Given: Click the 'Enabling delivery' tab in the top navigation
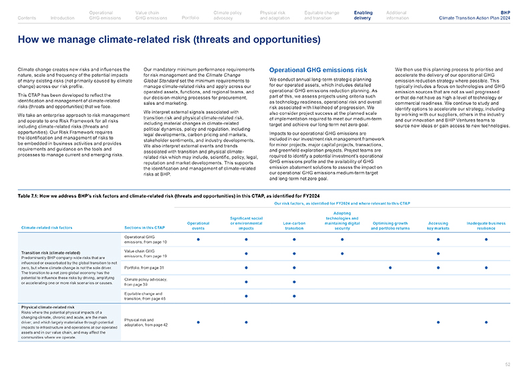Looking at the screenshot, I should coord(363,15).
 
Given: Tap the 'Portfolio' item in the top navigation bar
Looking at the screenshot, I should coord(190,17).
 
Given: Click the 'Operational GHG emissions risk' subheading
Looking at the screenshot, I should coord(317,70).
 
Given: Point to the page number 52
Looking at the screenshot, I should coord(508,364).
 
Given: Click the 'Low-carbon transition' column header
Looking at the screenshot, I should coord(294,228).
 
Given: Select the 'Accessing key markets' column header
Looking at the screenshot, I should coord(438,228).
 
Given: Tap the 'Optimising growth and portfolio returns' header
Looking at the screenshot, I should coord(390,228).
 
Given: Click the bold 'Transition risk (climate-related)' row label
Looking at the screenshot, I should coord(47,252).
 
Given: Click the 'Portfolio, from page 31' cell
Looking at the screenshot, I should coord(144,267).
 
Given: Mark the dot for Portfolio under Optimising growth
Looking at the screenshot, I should coord(390,267).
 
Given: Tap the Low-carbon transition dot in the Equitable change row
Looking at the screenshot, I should coord(294,296).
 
